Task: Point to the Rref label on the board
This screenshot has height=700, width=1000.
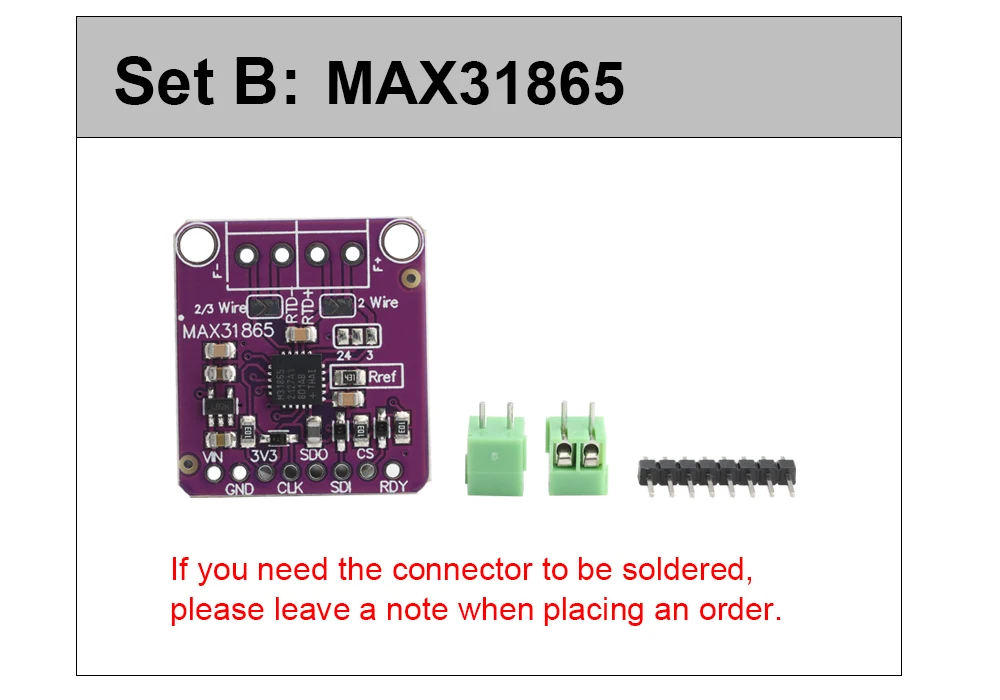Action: point(383,377)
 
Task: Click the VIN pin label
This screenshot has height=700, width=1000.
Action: point(212,457)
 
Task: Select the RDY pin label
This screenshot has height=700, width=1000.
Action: point(393,488)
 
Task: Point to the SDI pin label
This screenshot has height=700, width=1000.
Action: point(341,488)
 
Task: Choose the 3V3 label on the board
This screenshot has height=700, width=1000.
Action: point(264,455)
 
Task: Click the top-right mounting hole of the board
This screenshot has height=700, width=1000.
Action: point(402,240)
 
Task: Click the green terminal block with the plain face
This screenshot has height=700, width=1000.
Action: point(495,457)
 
